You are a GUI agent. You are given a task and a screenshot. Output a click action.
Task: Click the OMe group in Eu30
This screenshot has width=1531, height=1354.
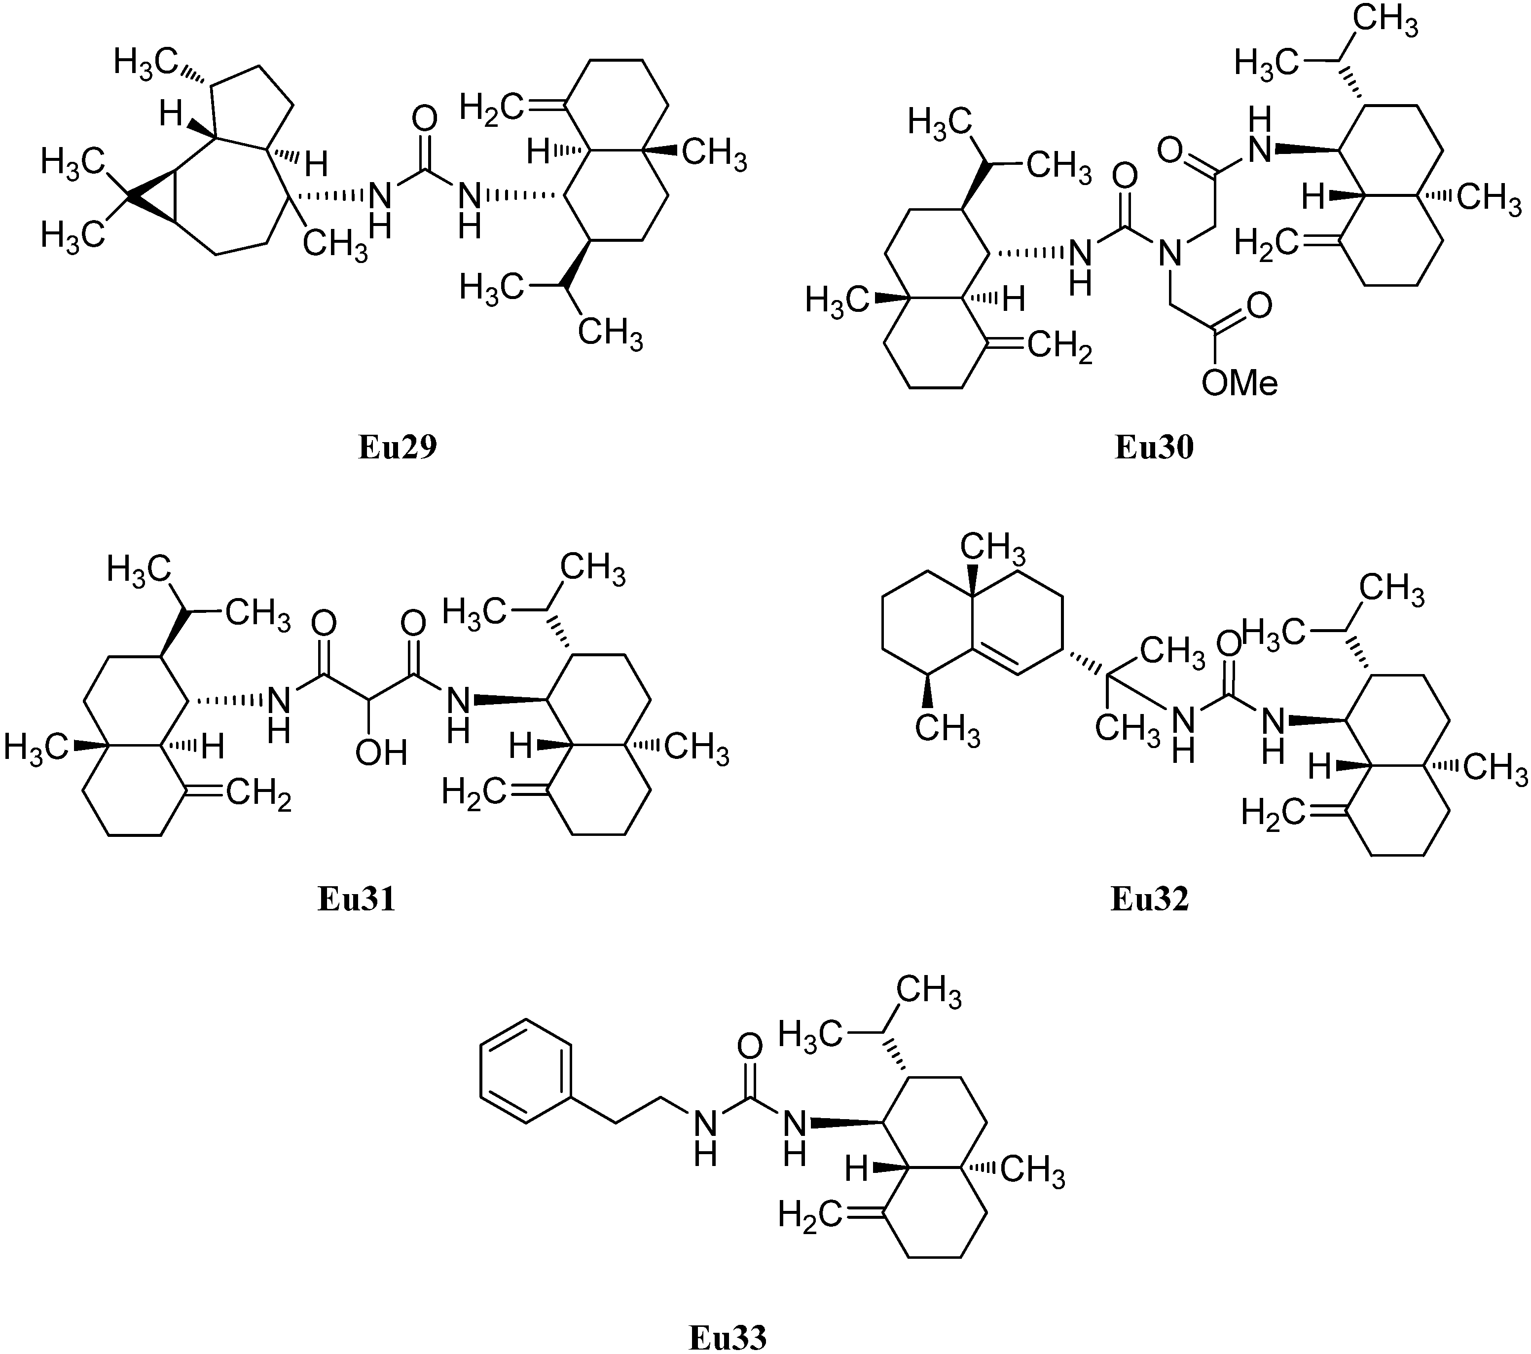1239,383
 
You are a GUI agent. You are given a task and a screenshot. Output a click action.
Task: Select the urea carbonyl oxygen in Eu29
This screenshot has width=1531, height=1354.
425,119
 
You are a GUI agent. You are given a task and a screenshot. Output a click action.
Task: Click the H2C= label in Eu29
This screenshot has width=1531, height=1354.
491,109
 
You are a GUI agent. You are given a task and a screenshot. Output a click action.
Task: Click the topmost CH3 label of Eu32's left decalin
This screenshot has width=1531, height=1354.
993,548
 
